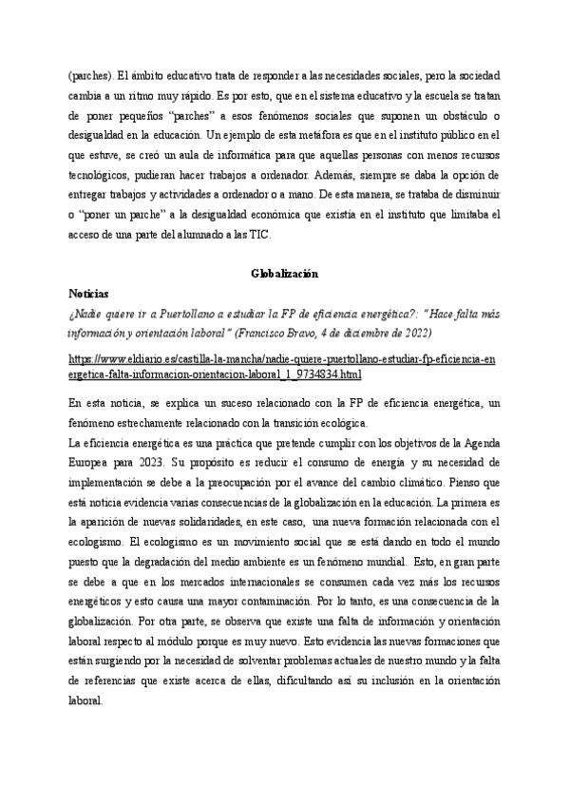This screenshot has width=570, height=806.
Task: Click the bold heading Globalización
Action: click(x=284, y=274)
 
